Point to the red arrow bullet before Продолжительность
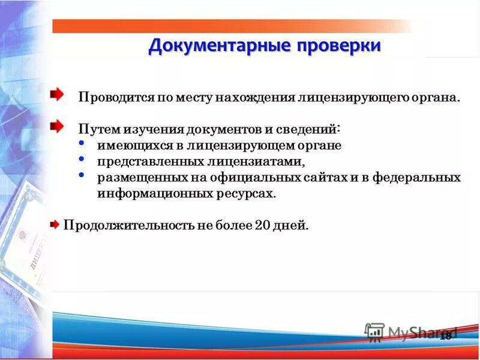[55, 225]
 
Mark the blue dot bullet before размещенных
[82, 175]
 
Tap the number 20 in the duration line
[262, 226]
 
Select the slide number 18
[445, 336]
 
